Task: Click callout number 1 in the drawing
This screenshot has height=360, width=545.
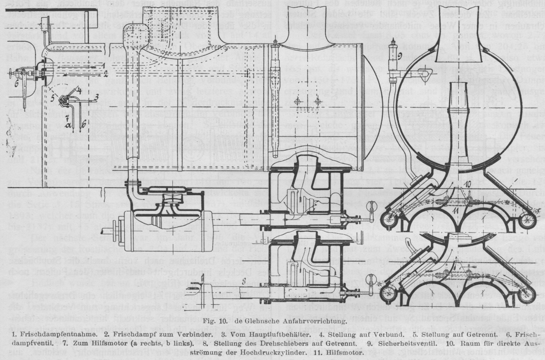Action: coord(102,65)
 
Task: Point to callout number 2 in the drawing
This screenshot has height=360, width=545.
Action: coord(106,74)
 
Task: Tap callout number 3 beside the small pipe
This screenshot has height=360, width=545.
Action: coord(96,96)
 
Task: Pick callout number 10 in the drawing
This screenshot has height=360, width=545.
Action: coord(468,183)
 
